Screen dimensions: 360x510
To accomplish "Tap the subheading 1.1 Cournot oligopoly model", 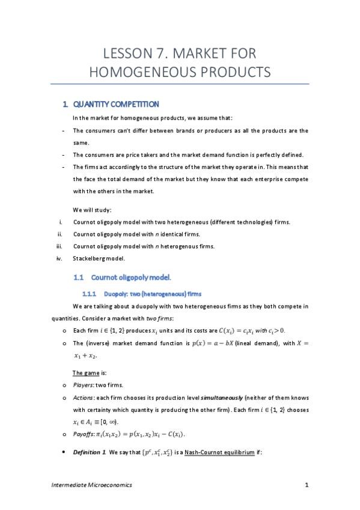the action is (x=131, y=277).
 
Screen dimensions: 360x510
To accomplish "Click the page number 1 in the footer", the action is (x=307, y=485).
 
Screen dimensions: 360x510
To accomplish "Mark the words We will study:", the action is (x=92, y=210).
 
